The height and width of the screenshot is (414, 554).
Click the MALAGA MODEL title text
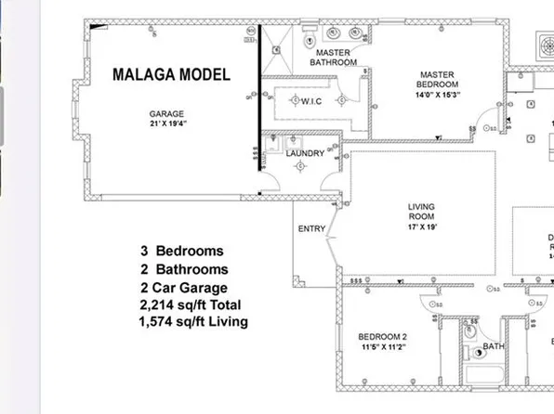(171, 75)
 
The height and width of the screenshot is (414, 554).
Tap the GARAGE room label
(166, 114)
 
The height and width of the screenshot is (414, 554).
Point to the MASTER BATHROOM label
(333, 58)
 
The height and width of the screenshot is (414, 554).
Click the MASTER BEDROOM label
(437, 79)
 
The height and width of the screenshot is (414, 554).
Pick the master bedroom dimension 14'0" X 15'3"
(437, 94)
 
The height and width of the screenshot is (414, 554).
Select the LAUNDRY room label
(305, 153)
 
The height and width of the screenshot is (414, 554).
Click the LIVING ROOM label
(422, 213)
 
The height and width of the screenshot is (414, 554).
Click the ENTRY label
(311, 229)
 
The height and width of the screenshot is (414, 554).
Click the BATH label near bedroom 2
(493, 346)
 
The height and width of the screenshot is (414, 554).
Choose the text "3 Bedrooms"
(182, 251)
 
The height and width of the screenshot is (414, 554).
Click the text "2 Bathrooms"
(184, 269)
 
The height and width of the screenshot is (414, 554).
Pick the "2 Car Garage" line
(184, 288)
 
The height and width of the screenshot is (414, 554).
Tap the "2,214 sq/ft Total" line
(190, 304)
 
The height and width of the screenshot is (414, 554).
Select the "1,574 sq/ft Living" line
(192, 322)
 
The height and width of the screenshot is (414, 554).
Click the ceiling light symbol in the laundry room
(300, 166)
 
